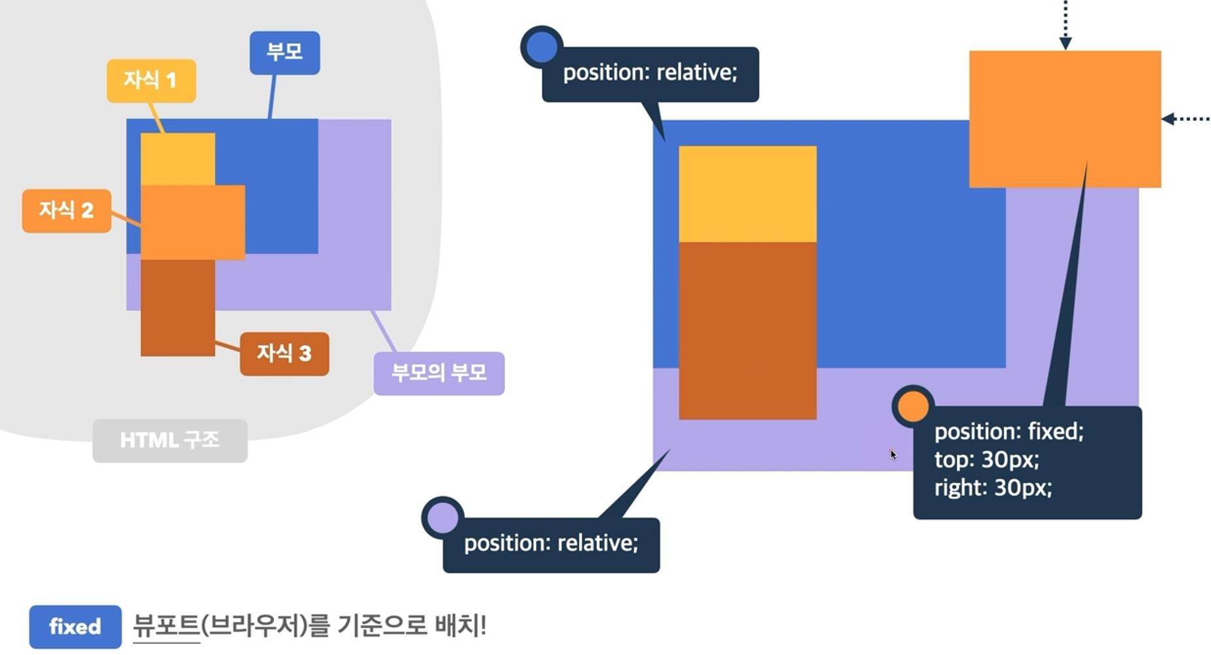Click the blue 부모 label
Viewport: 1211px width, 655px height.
point(284,52)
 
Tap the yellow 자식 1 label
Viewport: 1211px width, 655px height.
point(151,80)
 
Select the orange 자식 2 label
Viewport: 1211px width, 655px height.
point(66,210)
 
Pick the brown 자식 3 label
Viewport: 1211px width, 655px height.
point(284,353)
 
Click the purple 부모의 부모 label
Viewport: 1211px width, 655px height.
point(438,373)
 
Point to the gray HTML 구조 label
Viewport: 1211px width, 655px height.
point(170,440)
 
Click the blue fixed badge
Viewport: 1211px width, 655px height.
point(75,627)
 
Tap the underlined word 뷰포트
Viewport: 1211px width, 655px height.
point(166,626)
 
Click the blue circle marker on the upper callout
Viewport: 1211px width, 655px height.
point(542,46)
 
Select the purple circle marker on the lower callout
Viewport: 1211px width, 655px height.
point(443,518)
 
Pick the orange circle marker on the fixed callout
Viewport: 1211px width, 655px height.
point(913,406)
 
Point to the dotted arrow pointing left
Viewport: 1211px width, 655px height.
point(1186,119)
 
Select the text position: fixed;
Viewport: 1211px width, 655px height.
point(1009,431)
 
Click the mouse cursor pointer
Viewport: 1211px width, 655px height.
point(893,455)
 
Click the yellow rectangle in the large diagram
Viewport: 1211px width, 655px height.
point(747,194)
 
